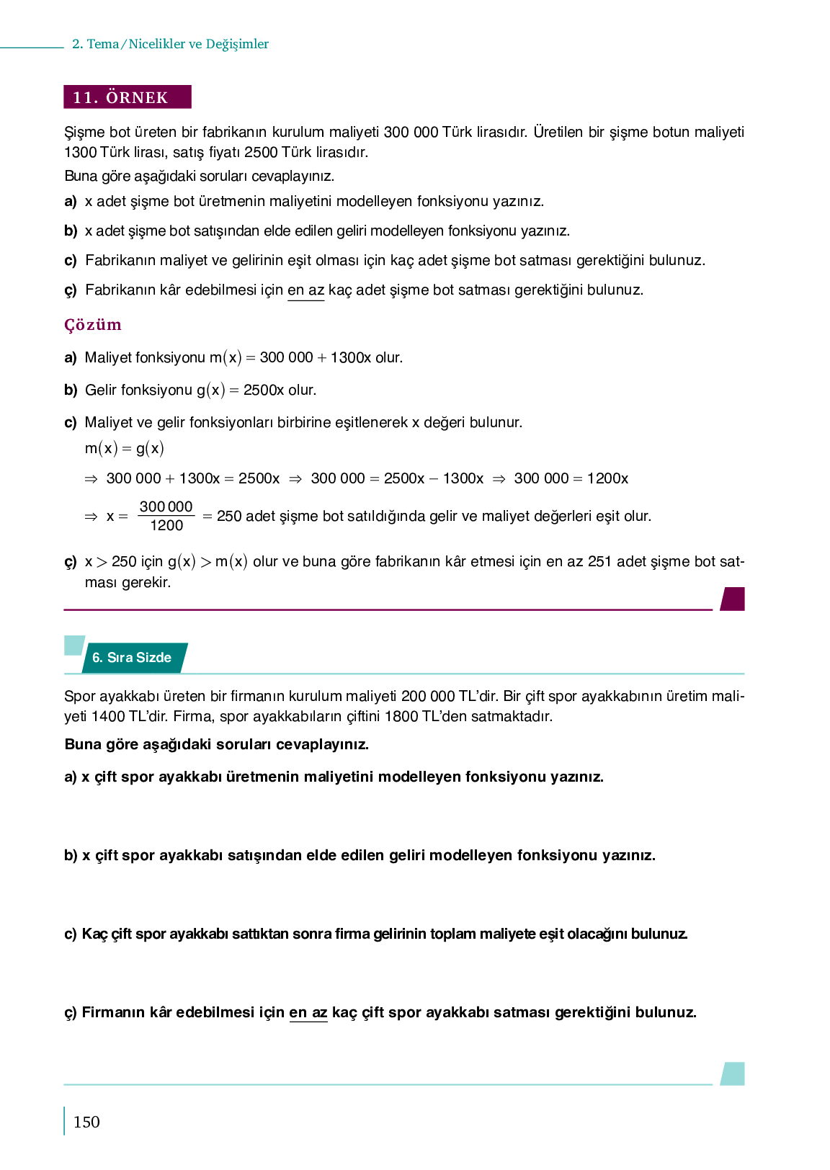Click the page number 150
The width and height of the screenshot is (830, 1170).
pos(86,1122)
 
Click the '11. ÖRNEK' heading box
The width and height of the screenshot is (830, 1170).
pos(128,97)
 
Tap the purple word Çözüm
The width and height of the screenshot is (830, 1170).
pos(93,324)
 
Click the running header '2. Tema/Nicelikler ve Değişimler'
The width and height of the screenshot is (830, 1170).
pos(170,44)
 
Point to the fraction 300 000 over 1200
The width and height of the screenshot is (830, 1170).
pos(166,516)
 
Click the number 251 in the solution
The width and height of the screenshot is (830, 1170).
pos(599,561)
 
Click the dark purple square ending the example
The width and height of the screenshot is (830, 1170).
pos(733,599)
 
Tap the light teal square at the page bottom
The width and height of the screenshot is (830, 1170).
pos(733,1073)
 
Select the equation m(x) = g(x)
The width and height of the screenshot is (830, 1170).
pos(124,448)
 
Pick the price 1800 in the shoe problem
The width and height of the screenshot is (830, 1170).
pos(402,716)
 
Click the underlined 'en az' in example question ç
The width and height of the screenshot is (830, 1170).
pos(305,290)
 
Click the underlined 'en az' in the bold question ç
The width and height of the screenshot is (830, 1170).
pos(308,1012)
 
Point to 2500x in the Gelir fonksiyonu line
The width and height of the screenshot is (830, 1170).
pos(264,390)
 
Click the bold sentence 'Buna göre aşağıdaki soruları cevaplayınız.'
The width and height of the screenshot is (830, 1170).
pos(216,744)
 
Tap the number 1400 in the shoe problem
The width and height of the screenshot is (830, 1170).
pos(108,716)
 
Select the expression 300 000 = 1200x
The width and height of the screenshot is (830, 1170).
pos(571,478)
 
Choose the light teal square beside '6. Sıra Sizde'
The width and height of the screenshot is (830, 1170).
pos(73,646)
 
